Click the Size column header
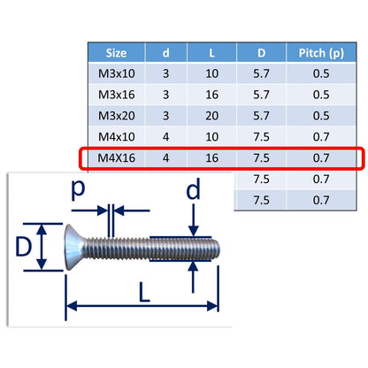pyautogui.click(x=116, y=53)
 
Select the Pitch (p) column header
pyautogui.click(x=321, y=53)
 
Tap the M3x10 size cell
pyautogui.click(x=117, y=73)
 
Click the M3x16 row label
pyautogui.click(x=117, y=95)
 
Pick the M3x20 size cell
pyautogui.click(x=117, y=116)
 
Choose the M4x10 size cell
pyautogui.click(x=117, y=137)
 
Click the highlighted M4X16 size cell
pyautogui.click(x=117, y=158)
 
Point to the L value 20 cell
pyautogui.click(x=212, y=116)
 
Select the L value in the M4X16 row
pyautogui.click(x=212, y=158)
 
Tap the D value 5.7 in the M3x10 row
pyautogui.click(x=261, y=73)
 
